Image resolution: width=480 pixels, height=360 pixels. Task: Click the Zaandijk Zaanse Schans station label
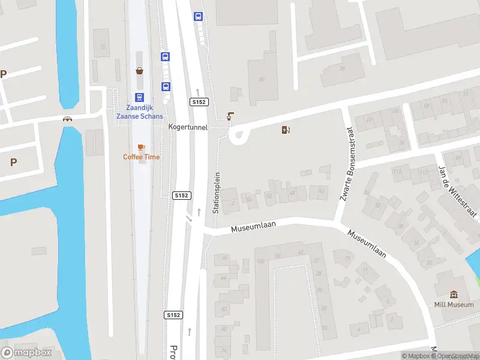tap(139, 112)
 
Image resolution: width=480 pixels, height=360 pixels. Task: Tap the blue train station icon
tap(139, 97)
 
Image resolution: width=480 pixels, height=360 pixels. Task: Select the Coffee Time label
tap(142, 157)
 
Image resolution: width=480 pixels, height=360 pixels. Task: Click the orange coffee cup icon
tap(142, 147)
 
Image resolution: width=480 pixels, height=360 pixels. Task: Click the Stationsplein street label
tap(217, 193)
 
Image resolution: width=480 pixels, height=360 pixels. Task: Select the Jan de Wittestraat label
tap(458, 191)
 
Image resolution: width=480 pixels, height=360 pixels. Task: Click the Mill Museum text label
tap(454, 305)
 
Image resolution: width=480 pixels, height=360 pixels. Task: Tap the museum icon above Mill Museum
tap(454, 295)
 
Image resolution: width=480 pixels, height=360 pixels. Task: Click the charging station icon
tap(286, 130)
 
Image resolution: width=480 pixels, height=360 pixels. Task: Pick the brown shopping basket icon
tap(140, 71)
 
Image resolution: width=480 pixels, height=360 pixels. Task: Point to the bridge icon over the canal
tap(68, 119)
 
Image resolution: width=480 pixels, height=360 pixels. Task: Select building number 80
tap(262, 79)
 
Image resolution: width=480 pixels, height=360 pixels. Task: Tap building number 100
tap(260, 262)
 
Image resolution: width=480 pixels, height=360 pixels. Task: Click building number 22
tap(103, 47)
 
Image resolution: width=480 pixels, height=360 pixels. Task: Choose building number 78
tap(343, 68)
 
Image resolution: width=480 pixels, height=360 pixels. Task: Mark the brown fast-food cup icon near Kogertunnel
tap(230, 116)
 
